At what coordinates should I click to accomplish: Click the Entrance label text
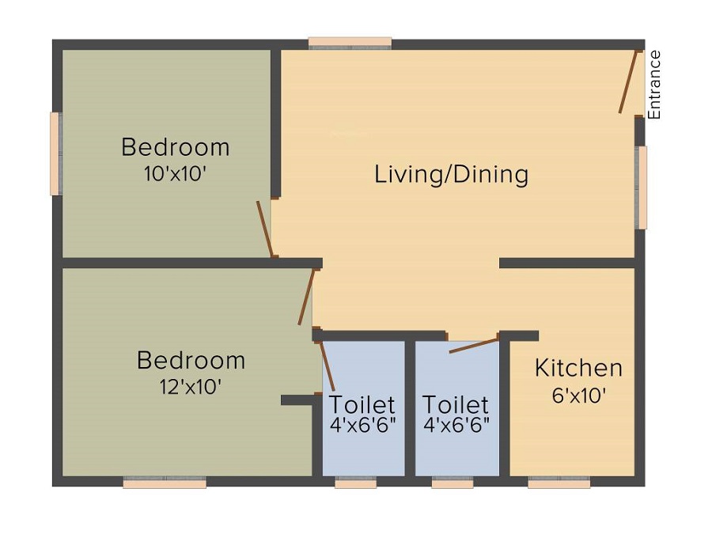tap(654, 85)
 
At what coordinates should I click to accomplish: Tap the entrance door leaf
tap(628, 82)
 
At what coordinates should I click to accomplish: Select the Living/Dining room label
tap(451, 174)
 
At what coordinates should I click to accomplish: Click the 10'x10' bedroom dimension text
tap(175, 174)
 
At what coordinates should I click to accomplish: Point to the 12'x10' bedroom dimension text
tap(190, 387)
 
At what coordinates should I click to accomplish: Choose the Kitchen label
tap(578, 368)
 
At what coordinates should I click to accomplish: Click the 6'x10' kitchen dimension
tap(578, 395)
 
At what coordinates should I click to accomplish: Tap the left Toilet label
tap(362, 404)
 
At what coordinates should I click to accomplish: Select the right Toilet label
tap(456, 404)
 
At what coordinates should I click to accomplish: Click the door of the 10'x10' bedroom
tap(265, 229)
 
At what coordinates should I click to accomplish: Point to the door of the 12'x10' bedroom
tap(306, 297)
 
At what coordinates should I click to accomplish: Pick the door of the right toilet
tap(474, 345)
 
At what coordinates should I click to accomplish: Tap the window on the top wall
tap(350, 43)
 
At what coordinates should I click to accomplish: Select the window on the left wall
tap(55, 153)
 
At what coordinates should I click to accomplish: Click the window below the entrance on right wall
tap(642, 187)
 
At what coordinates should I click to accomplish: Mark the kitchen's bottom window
tap(559, 482)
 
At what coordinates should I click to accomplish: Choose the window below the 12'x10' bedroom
tap(165, 482)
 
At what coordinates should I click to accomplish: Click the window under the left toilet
tap(355, 482)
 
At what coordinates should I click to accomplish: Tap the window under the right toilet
tap(453, 482)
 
